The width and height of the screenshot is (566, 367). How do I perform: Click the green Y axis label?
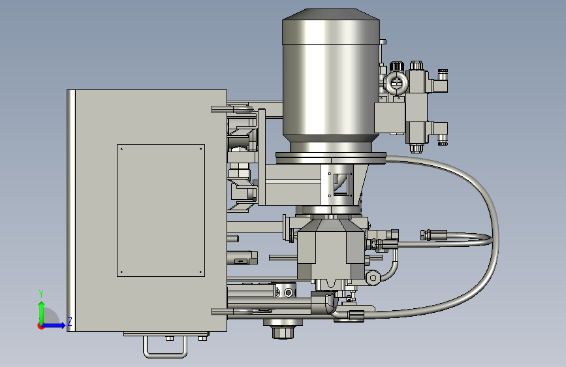point(41,294)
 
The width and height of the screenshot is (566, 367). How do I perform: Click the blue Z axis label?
point(70,322)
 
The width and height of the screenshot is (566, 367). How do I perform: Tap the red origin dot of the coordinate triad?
point(40,326)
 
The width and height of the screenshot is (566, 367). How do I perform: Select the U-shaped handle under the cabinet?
point(165,347)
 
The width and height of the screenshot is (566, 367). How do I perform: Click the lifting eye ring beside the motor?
point(396,83)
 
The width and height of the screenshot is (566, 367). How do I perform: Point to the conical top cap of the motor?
point(330,14)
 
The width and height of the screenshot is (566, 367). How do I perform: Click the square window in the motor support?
point(341,184)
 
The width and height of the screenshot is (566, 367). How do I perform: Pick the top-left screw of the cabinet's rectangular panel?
point(121,149)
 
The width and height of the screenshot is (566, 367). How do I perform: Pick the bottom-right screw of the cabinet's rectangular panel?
point(200,272)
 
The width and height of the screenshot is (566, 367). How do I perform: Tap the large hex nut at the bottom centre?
point(283,332)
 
